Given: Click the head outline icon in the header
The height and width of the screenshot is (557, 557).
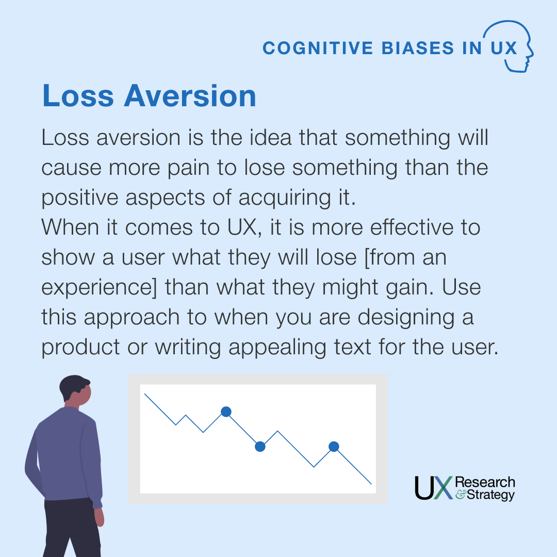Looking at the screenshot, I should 516,46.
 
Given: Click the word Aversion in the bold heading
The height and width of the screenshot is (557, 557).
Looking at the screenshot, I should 190,96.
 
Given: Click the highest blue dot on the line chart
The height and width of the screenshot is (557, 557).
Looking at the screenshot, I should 226,411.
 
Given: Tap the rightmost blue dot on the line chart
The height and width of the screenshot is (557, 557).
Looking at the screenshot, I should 334,446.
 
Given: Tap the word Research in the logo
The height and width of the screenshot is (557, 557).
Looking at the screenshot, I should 485,482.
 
